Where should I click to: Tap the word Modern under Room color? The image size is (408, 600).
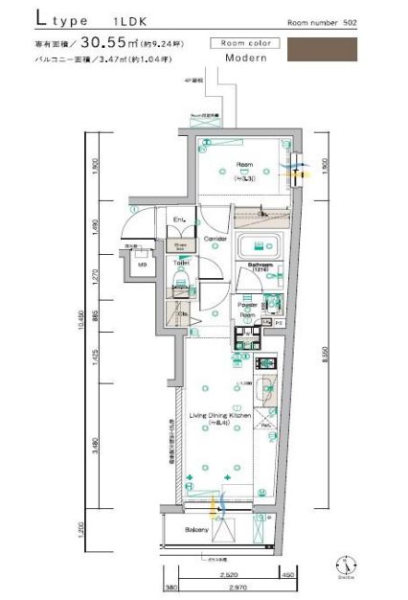pos(245,58)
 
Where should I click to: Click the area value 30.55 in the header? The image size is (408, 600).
pos(111,41)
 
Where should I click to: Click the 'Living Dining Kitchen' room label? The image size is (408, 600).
pos(219,416)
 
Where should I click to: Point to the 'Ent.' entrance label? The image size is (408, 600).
pos(178,221)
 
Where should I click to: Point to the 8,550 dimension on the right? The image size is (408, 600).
pos(325,355)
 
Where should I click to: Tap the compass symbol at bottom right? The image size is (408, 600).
pos(342,565)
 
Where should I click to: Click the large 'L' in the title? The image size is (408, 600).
pos(45,19)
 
